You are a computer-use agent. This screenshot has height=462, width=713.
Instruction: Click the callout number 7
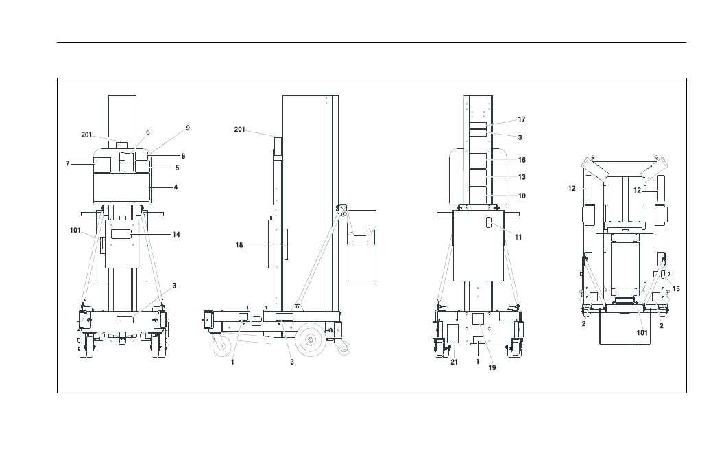pyautogui.click(x=68, y=163)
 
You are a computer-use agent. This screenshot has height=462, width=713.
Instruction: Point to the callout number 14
pyautogui.click(x=176, y=234)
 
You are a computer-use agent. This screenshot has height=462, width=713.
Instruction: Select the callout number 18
pyautogui.click(x=239, y=245)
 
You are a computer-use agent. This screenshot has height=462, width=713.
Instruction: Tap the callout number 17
pyautogui.click(x=522, y=119)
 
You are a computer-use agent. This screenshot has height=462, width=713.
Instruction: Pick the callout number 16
pyautogui.click(x=522, y=160)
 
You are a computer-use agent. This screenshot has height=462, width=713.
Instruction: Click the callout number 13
pyautogui.click(x=522, y=177)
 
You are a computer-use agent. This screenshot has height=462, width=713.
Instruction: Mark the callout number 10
pyautogui.click(x=522, y=196)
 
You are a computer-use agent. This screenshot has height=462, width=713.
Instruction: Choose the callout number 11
pyautogui.click(x=518, y=237)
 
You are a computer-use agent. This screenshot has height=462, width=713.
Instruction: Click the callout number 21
pyautogui.click(x=455, y=362)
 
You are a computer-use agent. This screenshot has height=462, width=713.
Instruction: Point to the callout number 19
pyautogui.click(x=492, y=367)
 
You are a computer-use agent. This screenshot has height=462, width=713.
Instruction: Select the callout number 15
pyautogui.click(x=676, y=288)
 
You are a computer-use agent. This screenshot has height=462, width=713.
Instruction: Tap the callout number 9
pyautogui.click(x=188, y=128)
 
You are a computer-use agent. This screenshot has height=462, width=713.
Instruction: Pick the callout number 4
pyautogui.click(x=176, y=187)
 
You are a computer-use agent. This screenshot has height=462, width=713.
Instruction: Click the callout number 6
pyautogui.click(x=148, y=132)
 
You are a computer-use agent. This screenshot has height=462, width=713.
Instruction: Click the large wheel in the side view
pyautogui.click(x=311, y=339)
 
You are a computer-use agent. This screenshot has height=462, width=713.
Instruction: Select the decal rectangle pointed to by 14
pyautogui.click(x=121, y=234)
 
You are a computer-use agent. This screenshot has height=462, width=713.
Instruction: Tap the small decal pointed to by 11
pyautogui.click(x=489, y=223)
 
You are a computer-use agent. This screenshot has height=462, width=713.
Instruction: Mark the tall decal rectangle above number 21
pyautogui.click(x=452, y=334)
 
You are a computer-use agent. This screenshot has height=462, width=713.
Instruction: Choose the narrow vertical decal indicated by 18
pyautogui.click(x=286, y=244)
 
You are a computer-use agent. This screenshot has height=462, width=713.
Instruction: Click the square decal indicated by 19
pyautogui.click(x=478, y=319)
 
